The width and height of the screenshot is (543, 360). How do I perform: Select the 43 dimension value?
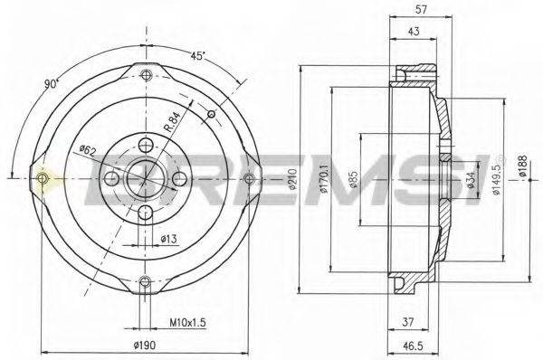[414, 33]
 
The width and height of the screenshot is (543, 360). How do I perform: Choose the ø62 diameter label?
[88, 149]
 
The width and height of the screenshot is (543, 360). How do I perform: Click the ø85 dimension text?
[355, 181]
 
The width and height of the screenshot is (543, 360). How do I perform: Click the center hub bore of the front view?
[143, 177]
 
